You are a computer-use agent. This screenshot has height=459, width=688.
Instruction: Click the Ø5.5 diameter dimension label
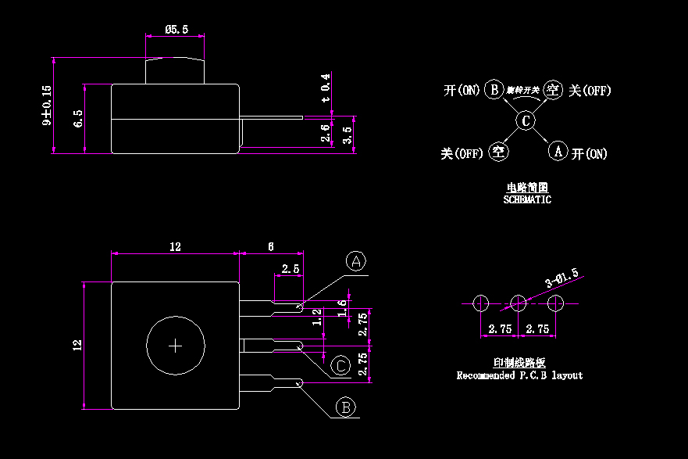coord(176,29)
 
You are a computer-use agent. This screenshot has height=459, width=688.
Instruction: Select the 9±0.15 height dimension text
coord(46,106)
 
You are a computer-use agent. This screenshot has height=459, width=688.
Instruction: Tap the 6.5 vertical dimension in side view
coord(77,119)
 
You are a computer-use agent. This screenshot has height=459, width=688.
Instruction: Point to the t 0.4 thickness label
coord(326,88)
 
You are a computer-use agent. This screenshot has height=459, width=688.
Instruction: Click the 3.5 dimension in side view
coord(348,134)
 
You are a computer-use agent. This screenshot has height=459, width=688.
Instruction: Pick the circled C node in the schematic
coord(526,120)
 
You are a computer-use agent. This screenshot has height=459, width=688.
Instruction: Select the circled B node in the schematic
coord(494,89)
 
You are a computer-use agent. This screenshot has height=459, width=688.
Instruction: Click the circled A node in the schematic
coord(557,151)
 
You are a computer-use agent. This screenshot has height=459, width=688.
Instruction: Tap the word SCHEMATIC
coord(527,199)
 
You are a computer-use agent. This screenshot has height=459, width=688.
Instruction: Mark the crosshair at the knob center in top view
coord(176,345)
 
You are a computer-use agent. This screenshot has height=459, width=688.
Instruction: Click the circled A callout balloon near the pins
coord(356,261)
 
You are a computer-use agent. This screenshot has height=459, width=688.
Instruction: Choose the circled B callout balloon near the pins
coord(346,407)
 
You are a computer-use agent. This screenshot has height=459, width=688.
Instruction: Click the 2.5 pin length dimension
coord(291,268)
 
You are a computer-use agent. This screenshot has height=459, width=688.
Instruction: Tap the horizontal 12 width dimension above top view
coord(175,246)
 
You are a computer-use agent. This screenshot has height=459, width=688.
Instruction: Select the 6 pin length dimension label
coord(271,246)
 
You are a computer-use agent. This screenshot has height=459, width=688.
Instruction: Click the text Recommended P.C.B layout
coord(519,375)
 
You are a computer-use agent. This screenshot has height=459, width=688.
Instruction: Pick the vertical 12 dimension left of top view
coord(77,344)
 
